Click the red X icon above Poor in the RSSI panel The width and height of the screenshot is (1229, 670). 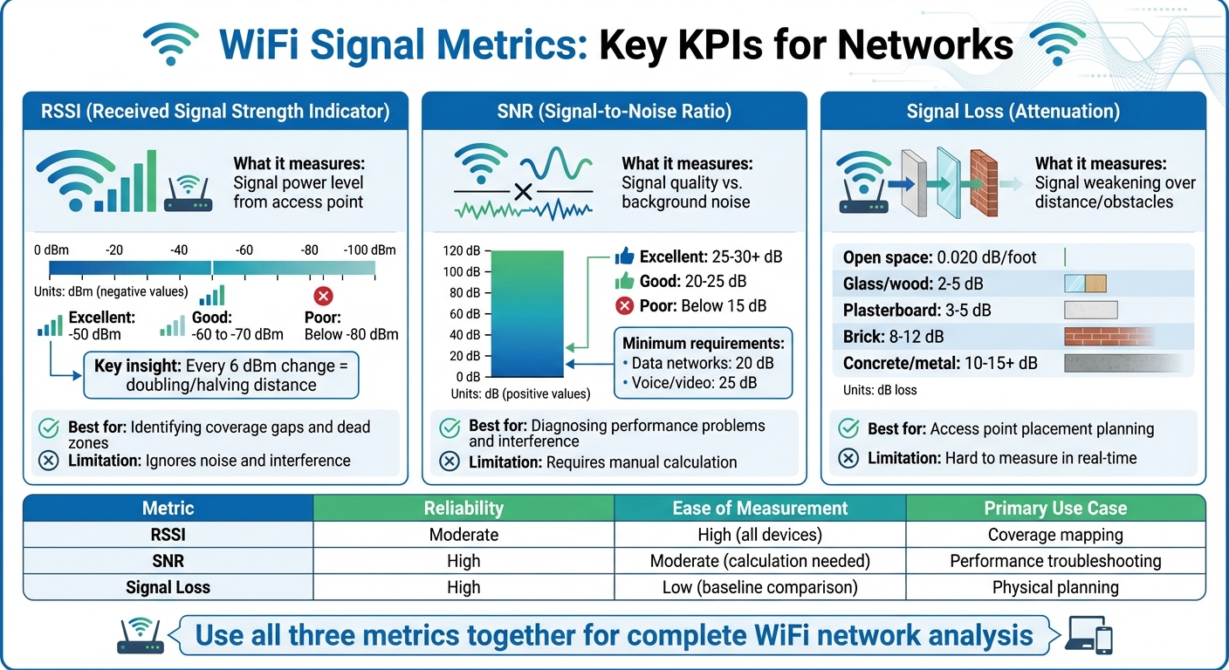pos(324,295)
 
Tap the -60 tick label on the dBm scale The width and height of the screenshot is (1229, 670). pos(245,250)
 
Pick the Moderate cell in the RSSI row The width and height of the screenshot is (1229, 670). pos(463,535)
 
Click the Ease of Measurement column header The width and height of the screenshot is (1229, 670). pos(759,508)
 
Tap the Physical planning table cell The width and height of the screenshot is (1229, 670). pos(1054,587)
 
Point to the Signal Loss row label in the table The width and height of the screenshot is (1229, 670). pos(168,587)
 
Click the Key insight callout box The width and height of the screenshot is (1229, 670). pos(220,375)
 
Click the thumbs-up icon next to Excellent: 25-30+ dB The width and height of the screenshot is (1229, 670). pos(624,256)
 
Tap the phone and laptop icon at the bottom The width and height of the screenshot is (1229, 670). pos(1091,635)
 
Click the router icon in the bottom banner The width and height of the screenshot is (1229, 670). pos(140,636)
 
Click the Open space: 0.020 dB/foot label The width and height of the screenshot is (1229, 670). pos(939,257)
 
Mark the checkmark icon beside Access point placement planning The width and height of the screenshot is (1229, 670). pos(847,428)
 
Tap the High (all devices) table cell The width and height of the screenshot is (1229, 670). pos(759,535)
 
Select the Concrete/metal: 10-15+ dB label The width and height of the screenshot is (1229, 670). pos(940,363)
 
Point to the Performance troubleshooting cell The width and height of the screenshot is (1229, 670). pos(1054,561)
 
